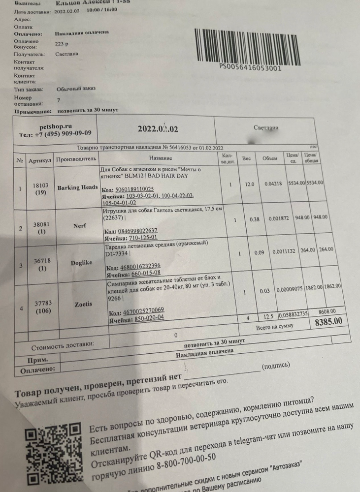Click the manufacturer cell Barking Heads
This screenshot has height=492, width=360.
(x=78, y=188)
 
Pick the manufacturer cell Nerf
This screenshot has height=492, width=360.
(x=79, y=226)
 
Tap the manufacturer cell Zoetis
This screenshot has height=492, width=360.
(x=83, y=304)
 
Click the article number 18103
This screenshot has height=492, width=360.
(x=40, y=185)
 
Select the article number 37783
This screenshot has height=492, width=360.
(x=42, y=304)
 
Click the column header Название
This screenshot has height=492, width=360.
(x=161, y=158)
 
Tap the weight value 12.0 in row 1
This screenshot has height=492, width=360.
(x=249, y=184)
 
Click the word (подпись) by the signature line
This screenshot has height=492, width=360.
(x=276, y=366)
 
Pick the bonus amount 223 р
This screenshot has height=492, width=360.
(x=62, y=44)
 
